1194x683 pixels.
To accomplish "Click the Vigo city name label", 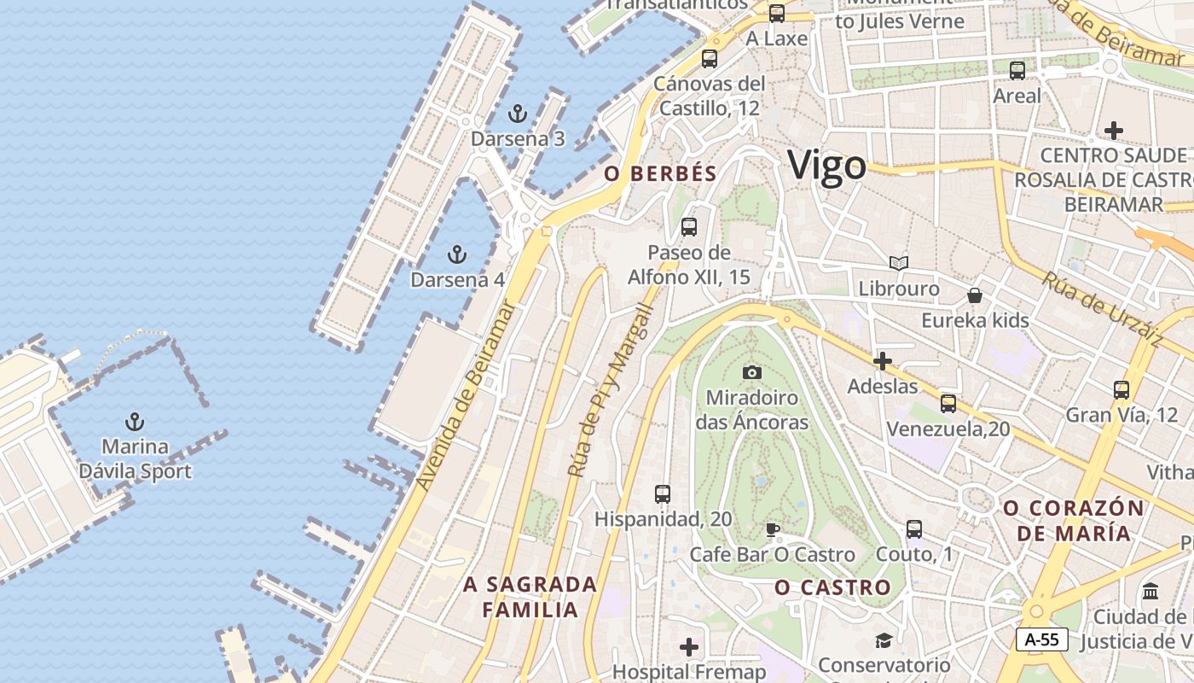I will pyautogui.click(x=826, y=165).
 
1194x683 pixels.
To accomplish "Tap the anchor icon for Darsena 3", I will pyautogui.click(x=517, y=114).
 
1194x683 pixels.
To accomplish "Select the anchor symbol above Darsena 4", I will pyautogui.click(x=457, y=254).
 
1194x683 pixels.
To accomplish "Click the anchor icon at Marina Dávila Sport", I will pyautogui.click(x=134, y=422).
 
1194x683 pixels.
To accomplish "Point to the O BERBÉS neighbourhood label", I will pyautogui.click(x=660, y=173).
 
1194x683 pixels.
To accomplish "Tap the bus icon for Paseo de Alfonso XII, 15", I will pyautogui.click(x=689, y=227).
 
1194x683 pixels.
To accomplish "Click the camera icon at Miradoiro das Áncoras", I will pyautogui.click(x=751, y=372).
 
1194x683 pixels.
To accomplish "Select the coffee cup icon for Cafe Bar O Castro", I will pyautogui.click(x=773, y=529).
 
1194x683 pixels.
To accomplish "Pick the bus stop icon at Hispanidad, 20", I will pyautogui.click(x=663, y=493).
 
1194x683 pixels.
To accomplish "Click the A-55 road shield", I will pyautogui.click(x=1041, y=639).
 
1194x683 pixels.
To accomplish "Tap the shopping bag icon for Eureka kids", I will pyautogui.click(x=975, y=295).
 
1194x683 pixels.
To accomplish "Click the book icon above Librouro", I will pyautogui.click(x=898, y=263).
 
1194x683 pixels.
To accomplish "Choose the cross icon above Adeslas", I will pyautogui.click(x=883, y=361).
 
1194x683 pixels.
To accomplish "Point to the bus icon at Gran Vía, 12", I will pyautogui.click(x=1122, y=390).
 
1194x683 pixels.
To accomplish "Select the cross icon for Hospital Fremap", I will pyautogui.click(x=689, y=647).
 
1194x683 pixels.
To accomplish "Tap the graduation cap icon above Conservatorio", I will pyautogui.click(x=883, y=640).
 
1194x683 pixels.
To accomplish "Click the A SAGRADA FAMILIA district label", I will pyautogui.click(x=530, y=597).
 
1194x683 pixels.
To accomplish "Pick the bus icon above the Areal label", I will pyautogui.click(x=1017, y=71).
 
